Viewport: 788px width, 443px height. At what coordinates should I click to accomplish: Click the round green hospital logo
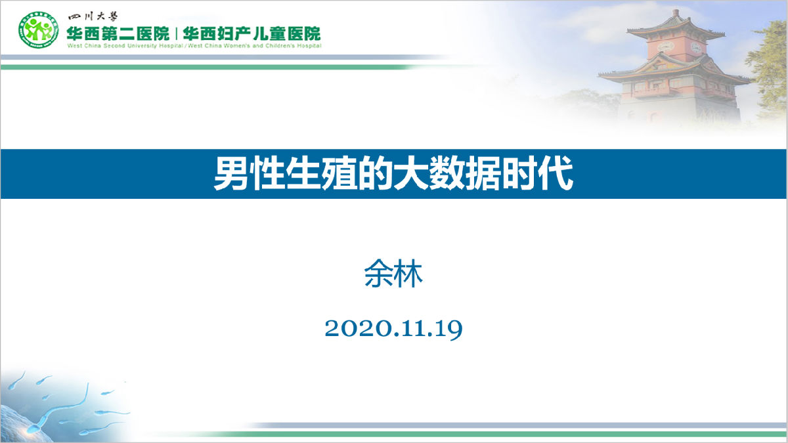coord(38,31)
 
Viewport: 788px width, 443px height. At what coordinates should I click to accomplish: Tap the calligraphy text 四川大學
coord(92,17)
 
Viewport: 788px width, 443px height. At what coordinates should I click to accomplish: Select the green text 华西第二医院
coord(117,33)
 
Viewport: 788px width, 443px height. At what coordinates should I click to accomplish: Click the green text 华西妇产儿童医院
coord(252,33)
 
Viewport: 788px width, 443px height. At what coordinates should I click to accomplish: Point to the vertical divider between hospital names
coord(176,33)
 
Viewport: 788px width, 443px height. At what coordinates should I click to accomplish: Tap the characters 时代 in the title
coord(538,175)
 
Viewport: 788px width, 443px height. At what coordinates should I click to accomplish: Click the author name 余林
coord(393,276)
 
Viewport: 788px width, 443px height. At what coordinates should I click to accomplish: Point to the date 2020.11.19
coord(393,329)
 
